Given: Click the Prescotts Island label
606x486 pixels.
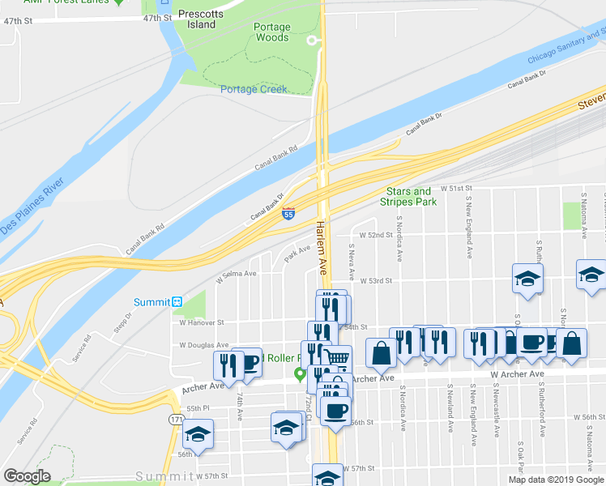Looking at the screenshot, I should pos(197,19).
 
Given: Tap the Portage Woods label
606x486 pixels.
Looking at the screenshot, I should pos(271,32).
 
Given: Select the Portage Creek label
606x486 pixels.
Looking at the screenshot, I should pos(254,89).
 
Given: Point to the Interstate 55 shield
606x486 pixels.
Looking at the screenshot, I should pos(288,214).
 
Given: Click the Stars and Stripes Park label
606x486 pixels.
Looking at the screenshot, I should pos(410,197).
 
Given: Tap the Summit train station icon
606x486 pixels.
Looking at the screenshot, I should pos(177,302).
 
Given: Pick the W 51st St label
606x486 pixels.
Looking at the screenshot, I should pos(455,187).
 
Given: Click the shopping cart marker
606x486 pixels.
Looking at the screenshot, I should pos(339,357).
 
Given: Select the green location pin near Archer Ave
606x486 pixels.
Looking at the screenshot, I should pos(300,373).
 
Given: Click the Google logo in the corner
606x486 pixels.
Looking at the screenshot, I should pos(27,476).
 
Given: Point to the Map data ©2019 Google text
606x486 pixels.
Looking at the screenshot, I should pos(557,480).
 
